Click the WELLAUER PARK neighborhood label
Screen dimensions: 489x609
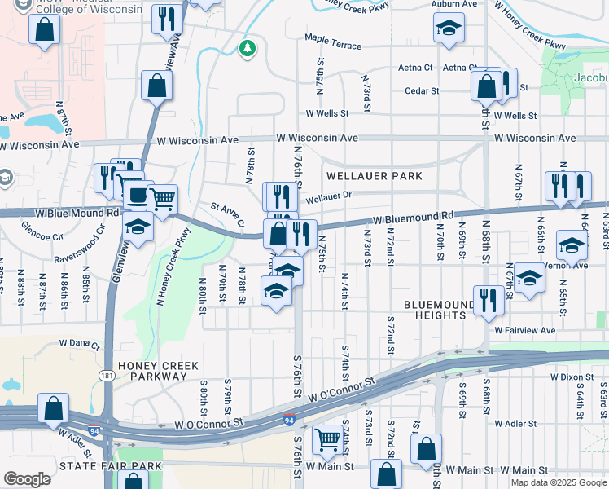point(375,176)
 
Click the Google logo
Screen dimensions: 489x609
point(27,479)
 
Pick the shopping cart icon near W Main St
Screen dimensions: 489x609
point(327,438)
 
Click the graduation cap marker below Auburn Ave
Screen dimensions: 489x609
point(447,29)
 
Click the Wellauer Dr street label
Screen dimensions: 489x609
point(328,196)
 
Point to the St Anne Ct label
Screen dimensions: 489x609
point(228,214)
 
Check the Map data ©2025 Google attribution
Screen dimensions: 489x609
point(558,482)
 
